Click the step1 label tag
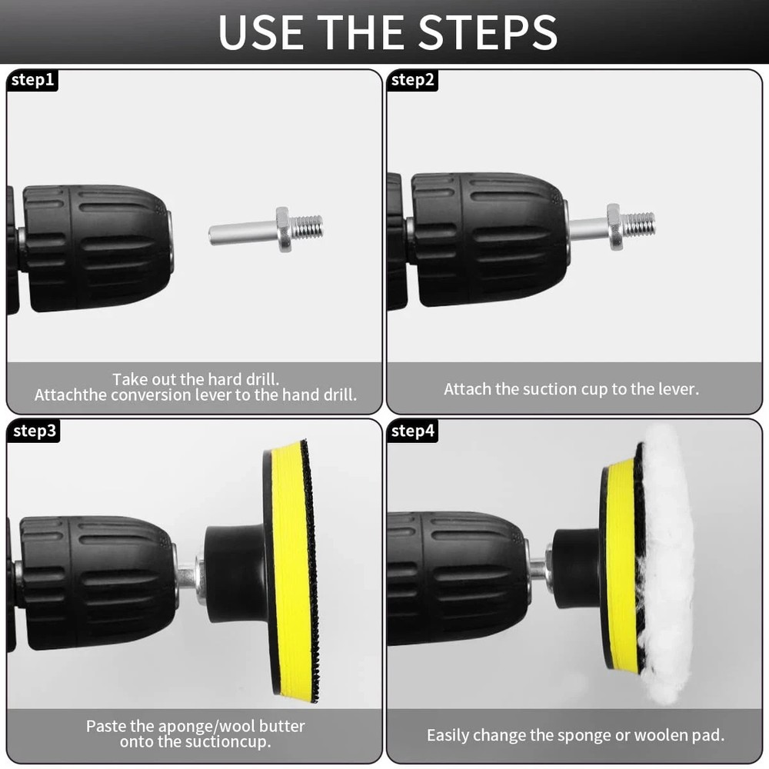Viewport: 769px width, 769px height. point(32,80)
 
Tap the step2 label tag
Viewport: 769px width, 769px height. point(412,80)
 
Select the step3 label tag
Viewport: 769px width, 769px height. point(33,431)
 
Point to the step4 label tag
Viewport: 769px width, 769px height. point(412,431)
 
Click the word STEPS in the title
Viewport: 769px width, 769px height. point(488,32)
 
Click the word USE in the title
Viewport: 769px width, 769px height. point(261,32)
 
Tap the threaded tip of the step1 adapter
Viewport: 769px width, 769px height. point(307,226)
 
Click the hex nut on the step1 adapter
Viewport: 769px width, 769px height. point(282,229)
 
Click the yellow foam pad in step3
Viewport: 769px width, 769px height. point(291,569)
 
